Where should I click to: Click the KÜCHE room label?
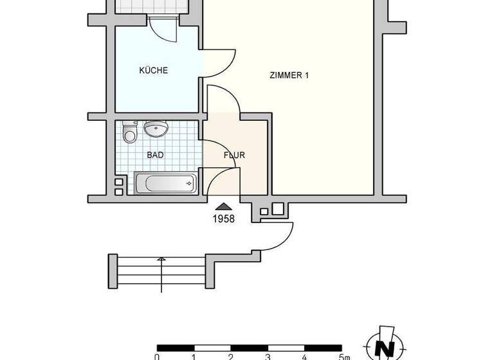click(x=154, y=71)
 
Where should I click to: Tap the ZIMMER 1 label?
click(x=289, y=75)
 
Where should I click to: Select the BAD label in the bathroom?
click(x=155, y=155)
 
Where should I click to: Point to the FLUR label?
click(x=234, y=155)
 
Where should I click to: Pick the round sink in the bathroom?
click(x=156, y=129)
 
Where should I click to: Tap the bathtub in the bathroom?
click(x=165, y=184)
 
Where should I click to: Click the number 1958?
click(x=223, y=219)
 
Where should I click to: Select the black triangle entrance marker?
click(x=223, y=206)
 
